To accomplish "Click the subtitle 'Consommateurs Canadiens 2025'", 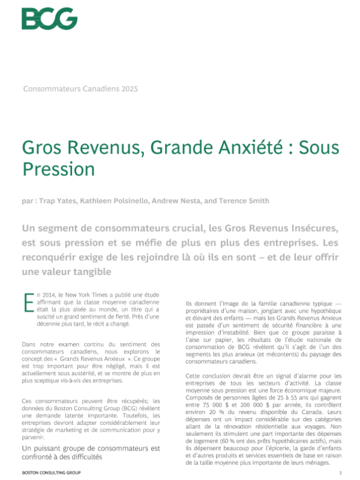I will point(80,89).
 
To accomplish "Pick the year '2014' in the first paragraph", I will point(51,295).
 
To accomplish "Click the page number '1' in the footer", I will point(340,473).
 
